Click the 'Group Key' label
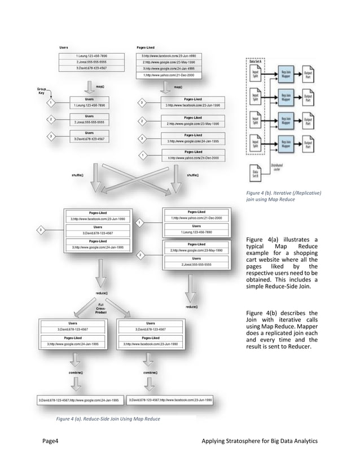42,91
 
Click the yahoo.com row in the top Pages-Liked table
169,74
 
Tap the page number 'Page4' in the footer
51,441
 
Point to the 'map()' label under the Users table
99,86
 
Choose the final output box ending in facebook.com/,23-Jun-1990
172,399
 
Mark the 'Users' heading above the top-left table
64,47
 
